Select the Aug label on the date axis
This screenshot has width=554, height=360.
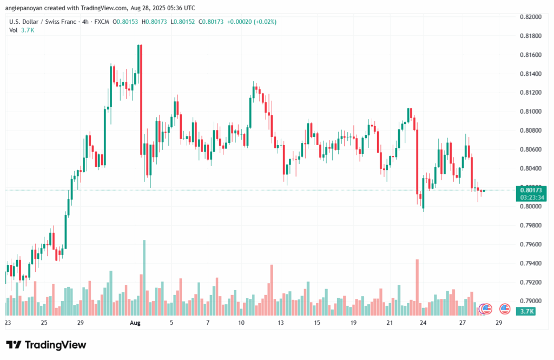[x=135, y=323]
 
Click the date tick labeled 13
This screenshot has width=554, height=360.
[x=281, y=323]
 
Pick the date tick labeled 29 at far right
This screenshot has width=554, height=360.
[x=498, y=323]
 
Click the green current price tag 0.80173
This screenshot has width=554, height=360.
[x=531, y=190]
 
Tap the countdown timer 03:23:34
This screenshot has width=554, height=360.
[x=531, y=198]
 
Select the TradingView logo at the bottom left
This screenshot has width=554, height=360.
[x=45, y=345]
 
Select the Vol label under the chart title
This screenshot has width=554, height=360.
[x=14, y=30]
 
